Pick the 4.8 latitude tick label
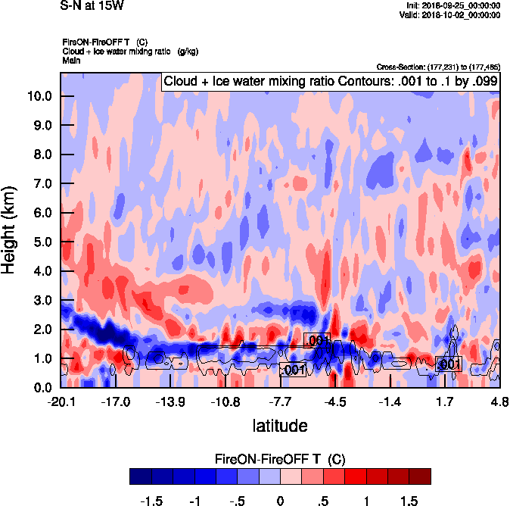tap(499, 401)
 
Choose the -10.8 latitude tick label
tap(225, 401)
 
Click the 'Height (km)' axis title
tap(10, 230)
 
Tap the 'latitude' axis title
tap(280, 425)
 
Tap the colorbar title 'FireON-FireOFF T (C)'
tap(280, 458)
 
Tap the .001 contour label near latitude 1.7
tap(449, 364)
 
